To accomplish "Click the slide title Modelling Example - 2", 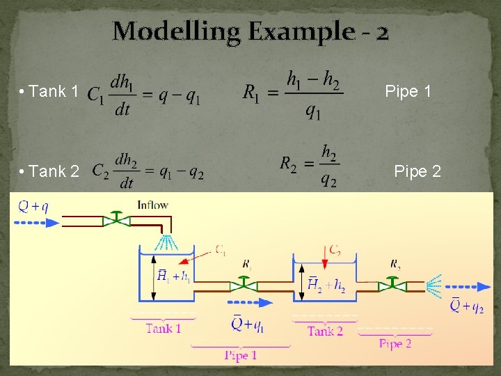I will (250, 31).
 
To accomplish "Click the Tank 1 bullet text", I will (49, 91).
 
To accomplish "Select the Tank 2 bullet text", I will (49, 171).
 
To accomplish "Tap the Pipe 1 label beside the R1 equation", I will (408, 91).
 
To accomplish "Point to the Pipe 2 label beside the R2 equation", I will (417, 171).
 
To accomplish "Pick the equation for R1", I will (292, 94).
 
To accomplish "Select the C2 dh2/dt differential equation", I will (148, 171).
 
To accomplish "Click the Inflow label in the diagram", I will (152, 205).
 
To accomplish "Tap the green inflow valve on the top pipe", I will (117, 220).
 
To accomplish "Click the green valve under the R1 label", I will (244, 284).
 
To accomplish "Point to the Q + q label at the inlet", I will (33, 205).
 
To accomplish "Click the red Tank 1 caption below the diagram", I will (164, 328).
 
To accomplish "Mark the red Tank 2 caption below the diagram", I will (325, 331).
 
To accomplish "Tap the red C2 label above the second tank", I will (335, 250).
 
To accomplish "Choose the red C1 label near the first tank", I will (221, 250).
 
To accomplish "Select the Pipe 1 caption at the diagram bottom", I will (240, 355).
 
